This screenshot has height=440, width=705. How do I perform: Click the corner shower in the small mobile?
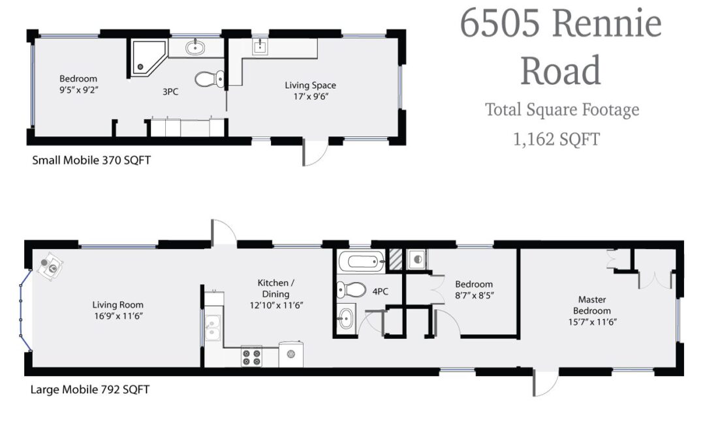pos(148,57)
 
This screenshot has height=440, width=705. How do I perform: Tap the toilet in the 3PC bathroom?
pos(210,79)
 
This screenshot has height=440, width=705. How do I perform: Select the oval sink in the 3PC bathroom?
pos(195,47)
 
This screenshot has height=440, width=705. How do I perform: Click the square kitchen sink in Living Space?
pos(260,47)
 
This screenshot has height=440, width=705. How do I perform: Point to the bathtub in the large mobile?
pos(361,262)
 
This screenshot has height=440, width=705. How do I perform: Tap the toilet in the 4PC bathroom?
pos(351,290)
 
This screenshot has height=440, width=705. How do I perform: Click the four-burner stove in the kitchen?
pos(252,356)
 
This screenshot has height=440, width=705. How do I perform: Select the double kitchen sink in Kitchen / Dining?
pos(212,328)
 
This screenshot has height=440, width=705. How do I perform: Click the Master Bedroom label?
pos(591,305)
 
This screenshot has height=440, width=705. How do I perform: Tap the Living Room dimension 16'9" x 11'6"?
pos(117,316)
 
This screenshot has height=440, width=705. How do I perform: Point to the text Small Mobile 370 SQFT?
pos(91,160)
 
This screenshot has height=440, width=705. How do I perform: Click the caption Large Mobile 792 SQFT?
pos(90,389)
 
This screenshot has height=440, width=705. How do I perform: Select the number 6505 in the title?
pos(499,23)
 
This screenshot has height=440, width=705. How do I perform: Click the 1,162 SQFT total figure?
pos(556,139)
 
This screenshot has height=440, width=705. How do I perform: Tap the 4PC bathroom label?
pos(381,291)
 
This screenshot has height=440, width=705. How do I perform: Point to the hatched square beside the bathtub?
pos(396,259)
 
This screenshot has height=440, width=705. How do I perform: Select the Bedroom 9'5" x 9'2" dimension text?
pos(79,90)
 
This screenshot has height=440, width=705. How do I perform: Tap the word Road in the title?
pos(560,70)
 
